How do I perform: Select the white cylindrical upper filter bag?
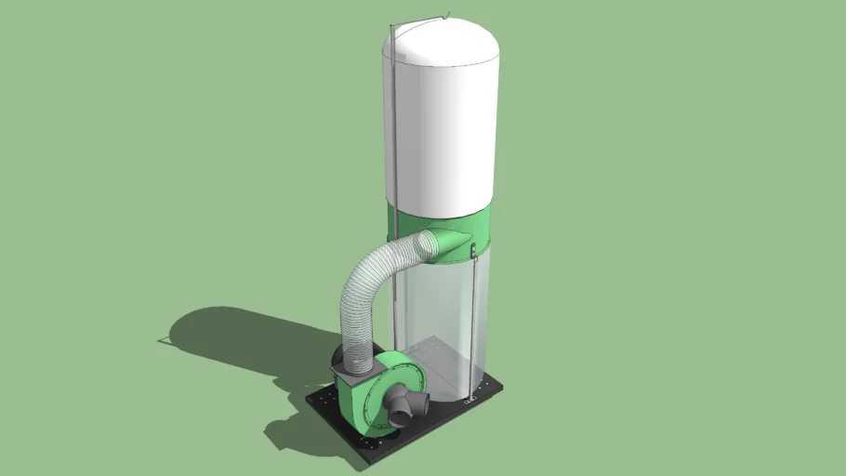pos(442,130)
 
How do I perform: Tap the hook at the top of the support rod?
pos(447,15)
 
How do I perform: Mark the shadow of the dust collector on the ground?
pos(223,339)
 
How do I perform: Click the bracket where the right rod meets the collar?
pos(473,248)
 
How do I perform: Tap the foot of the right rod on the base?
pos(471,399)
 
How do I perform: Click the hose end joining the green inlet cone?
pos(429,245)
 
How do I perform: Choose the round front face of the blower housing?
pos(381,395)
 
